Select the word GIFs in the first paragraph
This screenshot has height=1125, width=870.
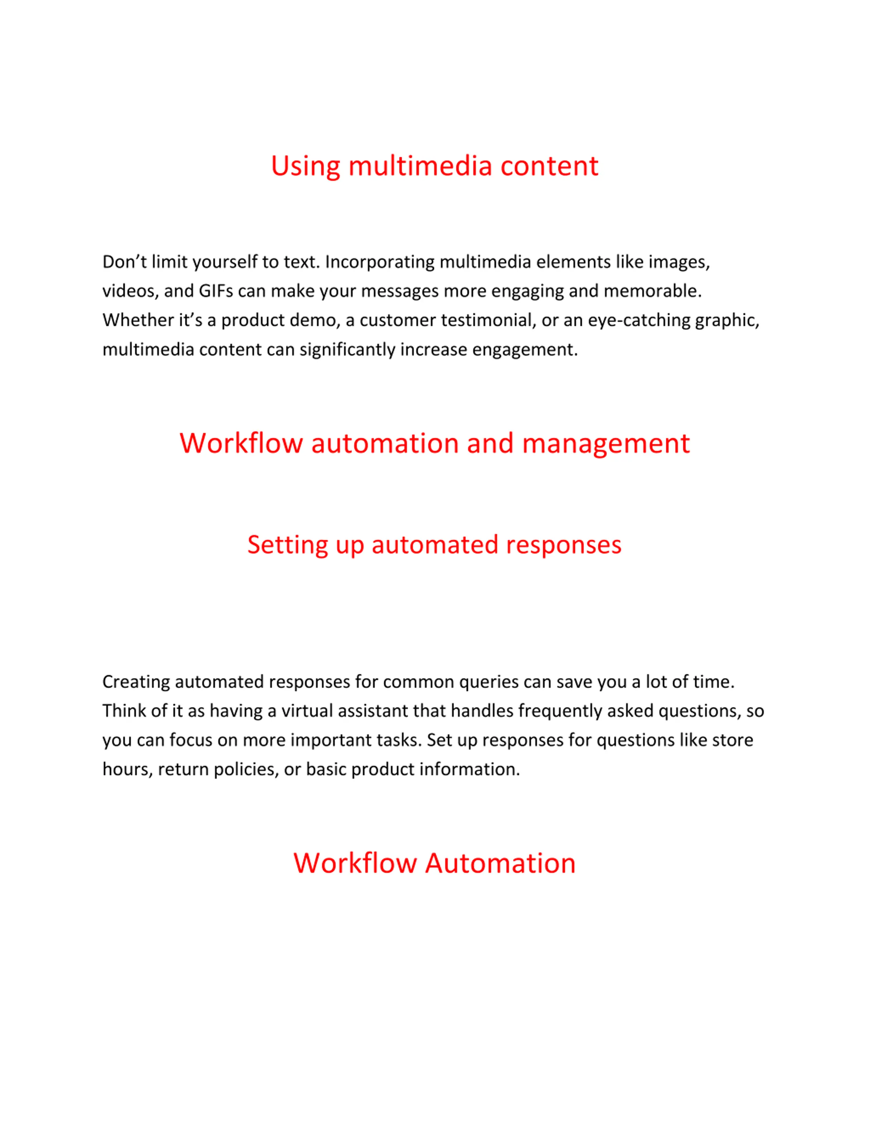(x=216, y=291)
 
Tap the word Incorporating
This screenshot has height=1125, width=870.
(x=380, y=262)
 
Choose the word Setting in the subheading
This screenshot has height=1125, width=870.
(x=288, y=545)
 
